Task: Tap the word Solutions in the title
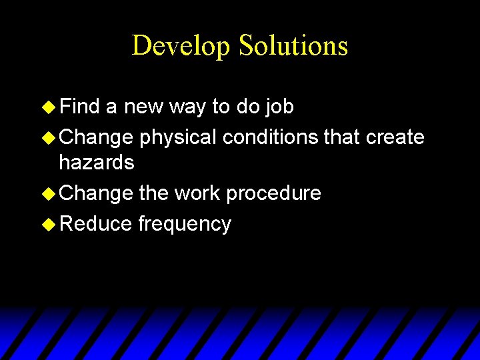(293, 46)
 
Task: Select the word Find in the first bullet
(79, 106)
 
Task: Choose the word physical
(178, 137)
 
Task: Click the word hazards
(97, 162)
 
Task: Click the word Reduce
(96, 223)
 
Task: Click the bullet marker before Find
(48, 107)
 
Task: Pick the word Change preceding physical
(96, 137)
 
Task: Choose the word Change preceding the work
(96, 194)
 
